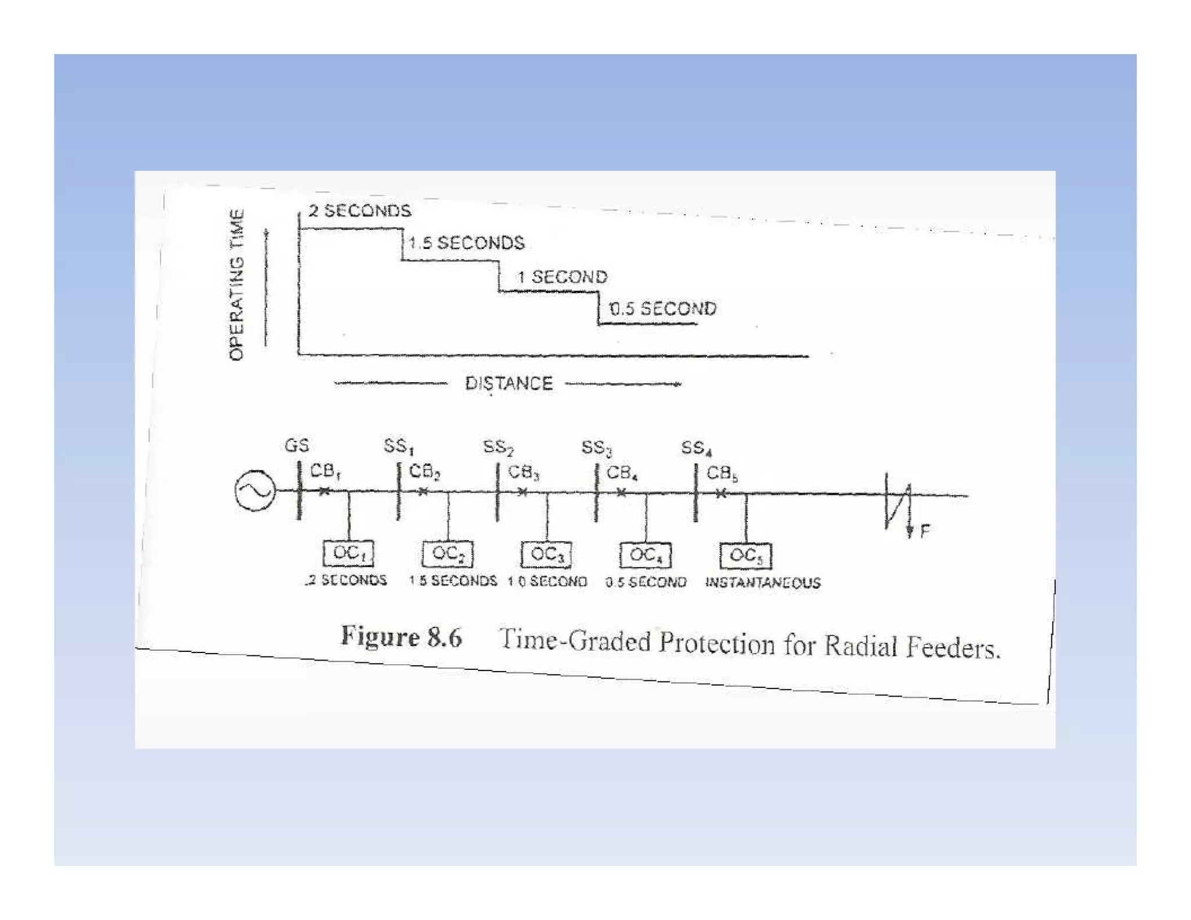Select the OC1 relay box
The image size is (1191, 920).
coord(348,553)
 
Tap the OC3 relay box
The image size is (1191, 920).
coord(547,554)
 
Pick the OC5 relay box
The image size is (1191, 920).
coord(746,556)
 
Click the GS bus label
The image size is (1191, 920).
coord(297,445)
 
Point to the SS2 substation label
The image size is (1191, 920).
coord(498,447)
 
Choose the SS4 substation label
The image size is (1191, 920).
coord(696,448)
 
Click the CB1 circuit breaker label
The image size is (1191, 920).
coord(325,471)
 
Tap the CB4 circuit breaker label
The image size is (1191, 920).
coord(622,473)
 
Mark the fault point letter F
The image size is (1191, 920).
coord(925,530)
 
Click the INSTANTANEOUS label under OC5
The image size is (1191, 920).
coord(762,583)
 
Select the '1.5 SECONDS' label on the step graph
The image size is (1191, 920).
coord(466,243)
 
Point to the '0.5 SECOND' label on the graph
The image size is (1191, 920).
coord(663,309)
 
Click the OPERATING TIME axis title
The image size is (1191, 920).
coord(236,285)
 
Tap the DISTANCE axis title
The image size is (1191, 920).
coord(509,384)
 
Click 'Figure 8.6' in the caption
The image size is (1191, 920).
coord(401,637)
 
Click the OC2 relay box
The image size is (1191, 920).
coord(448,554)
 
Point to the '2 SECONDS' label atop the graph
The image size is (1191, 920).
coord(359,211)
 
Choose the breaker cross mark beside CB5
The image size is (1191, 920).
coord(721,494)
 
